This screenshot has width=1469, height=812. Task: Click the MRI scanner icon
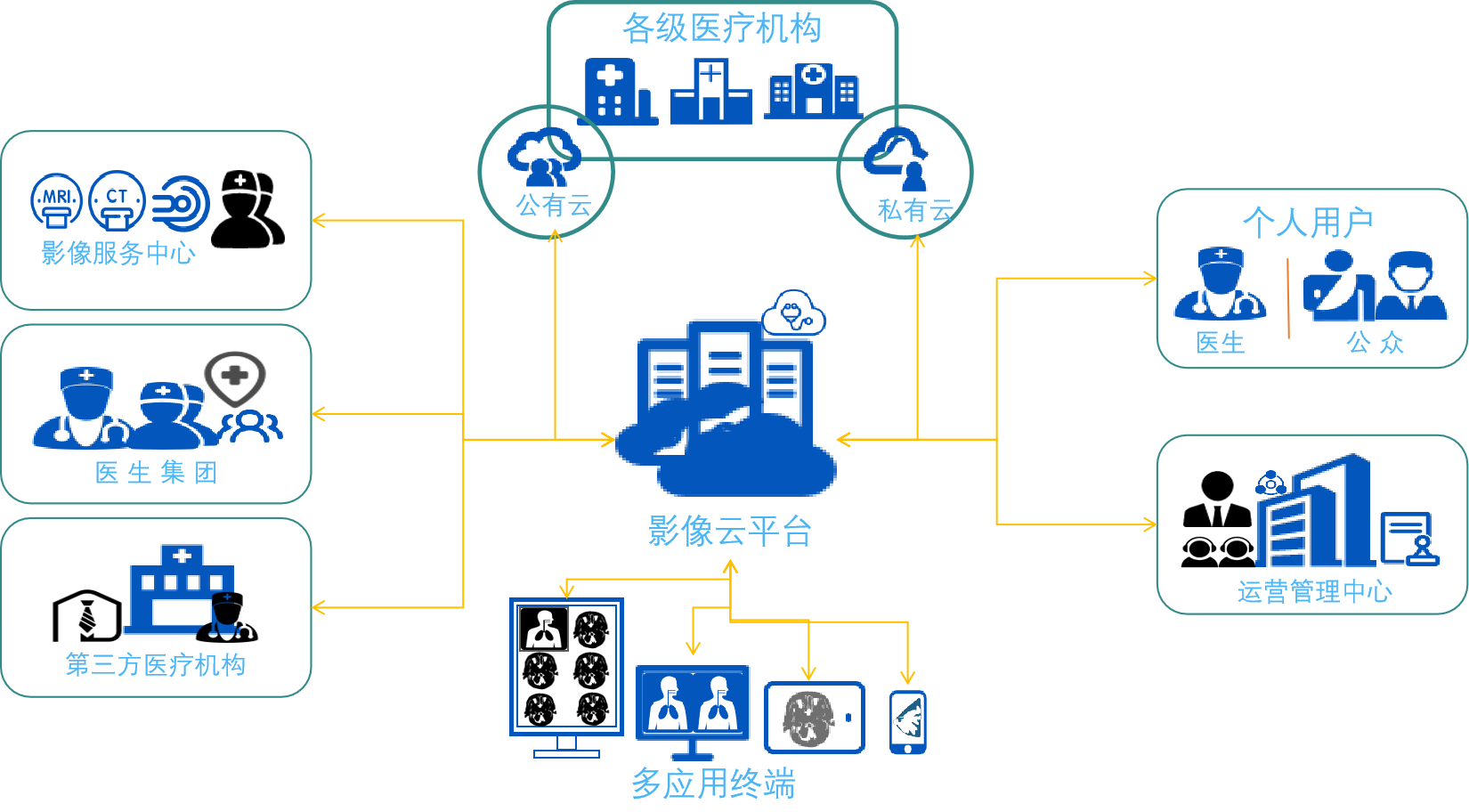coord(56,201)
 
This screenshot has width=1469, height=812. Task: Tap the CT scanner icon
coord(117,200)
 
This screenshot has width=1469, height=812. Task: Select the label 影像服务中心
coord(118,254)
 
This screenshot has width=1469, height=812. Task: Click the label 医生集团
coord(156,473)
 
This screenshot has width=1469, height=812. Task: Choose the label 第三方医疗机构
coord(156,665)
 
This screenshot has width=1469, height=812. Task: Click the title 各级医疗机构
coord(721,28)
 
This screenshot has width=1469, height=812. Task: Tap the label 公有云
coord(554,207)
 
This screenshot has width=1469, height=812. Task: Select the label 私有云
coord(915,211)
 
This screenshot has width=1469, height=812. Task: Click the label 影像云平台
coord(729,532)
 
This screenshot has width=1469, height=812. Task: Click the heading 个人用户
coord(1308,223)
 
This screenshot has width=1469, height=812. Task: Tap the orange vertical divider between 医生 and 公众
coord(1287,298)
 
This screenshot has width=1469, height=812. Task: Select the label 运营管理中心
coord(1314,591)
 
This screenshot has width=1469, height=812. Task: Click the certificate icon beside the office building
coord(1409,539)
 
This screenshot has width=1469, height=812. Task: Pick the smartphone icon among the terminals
coord(908,722)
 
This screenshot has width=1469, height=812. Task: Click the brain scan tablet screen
coord(814,718)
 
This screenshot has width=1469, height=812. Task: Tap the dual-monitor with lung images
coord(693,704)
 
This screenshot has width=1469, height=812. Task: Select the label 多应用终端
coord(713,784)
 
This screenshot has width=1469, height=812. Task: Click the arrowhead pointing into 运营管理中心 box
coord(1150,524)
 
